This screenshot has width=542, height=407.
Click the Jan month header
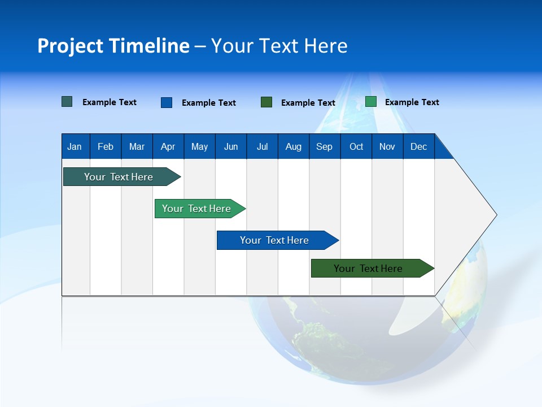click(x=75, y=146)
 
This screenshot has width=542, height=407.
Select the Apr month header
click(x=168, y=146)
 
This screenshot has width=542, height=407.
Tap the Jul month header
click(x=262, y=146)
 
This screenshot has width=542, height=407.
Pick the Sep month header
click(x=324, y=146)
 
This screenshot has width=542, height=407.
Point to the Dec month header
click(x=418, y=146)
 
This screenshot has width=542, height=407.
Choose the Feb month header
click(x=106, y=146)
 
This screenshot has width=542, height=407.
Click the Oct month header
click(x=356, y=146)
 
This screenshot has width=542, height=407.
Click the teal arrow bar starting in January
click(x=119, y=177)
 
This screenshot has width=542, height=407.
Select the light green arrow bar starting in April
click(x=196, y=209)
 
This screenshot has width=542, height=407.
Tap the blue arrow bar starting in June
click(x=274, y=240)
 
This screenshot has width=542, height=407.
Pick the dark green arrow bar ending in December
click(x=368, y=269)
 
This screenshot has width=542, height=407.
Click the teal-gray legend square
click(x=67, y=102)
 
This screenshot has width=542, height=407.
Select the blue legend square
click(x=167, y=102)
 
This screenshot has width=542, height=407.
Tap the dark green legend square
click(x=266, y=102)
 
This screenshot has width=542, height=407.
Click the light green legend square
click(x=371, y=102)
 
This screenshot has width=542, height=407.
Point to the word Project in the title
click(x=70, y=46)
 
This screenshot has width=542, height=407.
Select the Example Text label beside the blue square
click(x=208, y=103)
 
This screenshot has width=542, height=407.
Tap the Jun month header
click(x=231, y=146)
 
